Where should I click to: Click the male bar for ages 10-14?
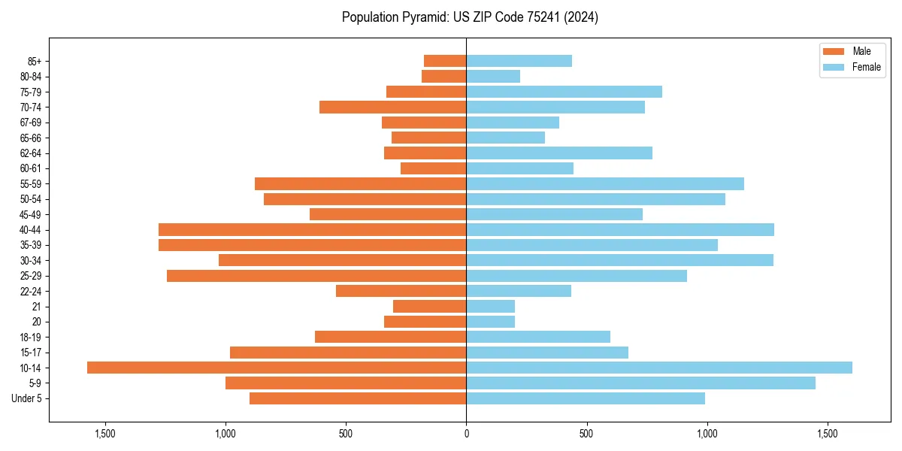pyautogui.click(x=277, y=368)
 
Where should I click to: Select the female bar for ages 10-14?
pyautogui.click(x=659, y=368)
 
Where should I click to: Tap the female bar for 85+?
pyautogui.click(x=519, y=61)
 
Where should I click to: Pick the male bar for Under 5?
pyautogui.click(x=358, y=398)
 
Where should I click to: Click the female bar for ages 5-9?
pyautogui.click(x=640, y=383)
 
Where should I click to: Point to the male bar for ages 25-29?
pyautogui.click(x=316, y=276)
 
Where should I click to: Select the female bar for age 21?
pyautogui.click(x=490, y=306)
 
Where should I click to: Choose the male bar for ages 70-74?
pyautogui.click(x=392, y=107)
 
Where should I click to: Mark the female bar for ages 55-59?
pyautogui.click(x=605, y=183)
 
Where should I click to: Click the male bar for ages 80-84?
pyautogui.click(x=443, y=76)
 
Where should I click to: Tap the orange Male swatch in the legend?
pyautogui.click(x=834, y=51)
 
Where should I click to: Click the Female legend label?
pyautogui.click(x=867, y=67)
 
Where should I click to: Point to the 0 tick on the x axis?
pyautogui.click(x=466, y=434)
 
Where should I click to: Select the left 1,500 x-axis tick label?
pyautogui.click(x=104, y=434)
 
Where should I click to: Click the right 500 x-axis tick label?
pyautogui.click(x=586, y=434)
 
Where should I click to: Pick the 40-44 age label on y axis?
pyautogui.click(x=31, y=230)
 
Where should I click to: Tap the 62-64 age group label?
pyautogui.click(x=31, y=153)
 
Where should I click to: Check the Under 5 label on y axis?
pyautogui.click(x=27, y=398)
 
